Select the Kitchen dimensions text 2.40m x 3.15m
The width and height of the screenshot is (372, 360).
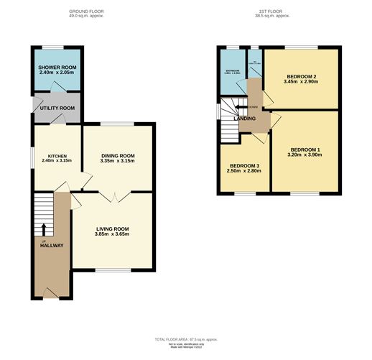(57, 162)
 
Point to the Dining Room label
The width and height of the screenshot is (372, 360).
(117, 155)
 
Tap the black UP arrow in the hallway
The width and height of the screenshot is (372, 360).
(43, 229)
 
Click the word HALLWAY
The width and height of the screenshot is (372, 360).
(51, 245)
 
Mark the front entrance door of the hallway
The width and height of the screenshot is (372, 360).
(49, 293)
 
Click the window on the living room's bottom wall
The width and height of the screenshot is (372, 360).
(111, 270)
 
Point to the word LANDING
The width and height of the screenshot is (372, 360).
(244, 119)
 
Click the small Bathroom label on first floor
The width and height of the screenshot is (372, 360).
(231, 70)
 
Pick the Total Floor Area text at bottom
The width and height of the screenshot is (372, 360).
(186, 339)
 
